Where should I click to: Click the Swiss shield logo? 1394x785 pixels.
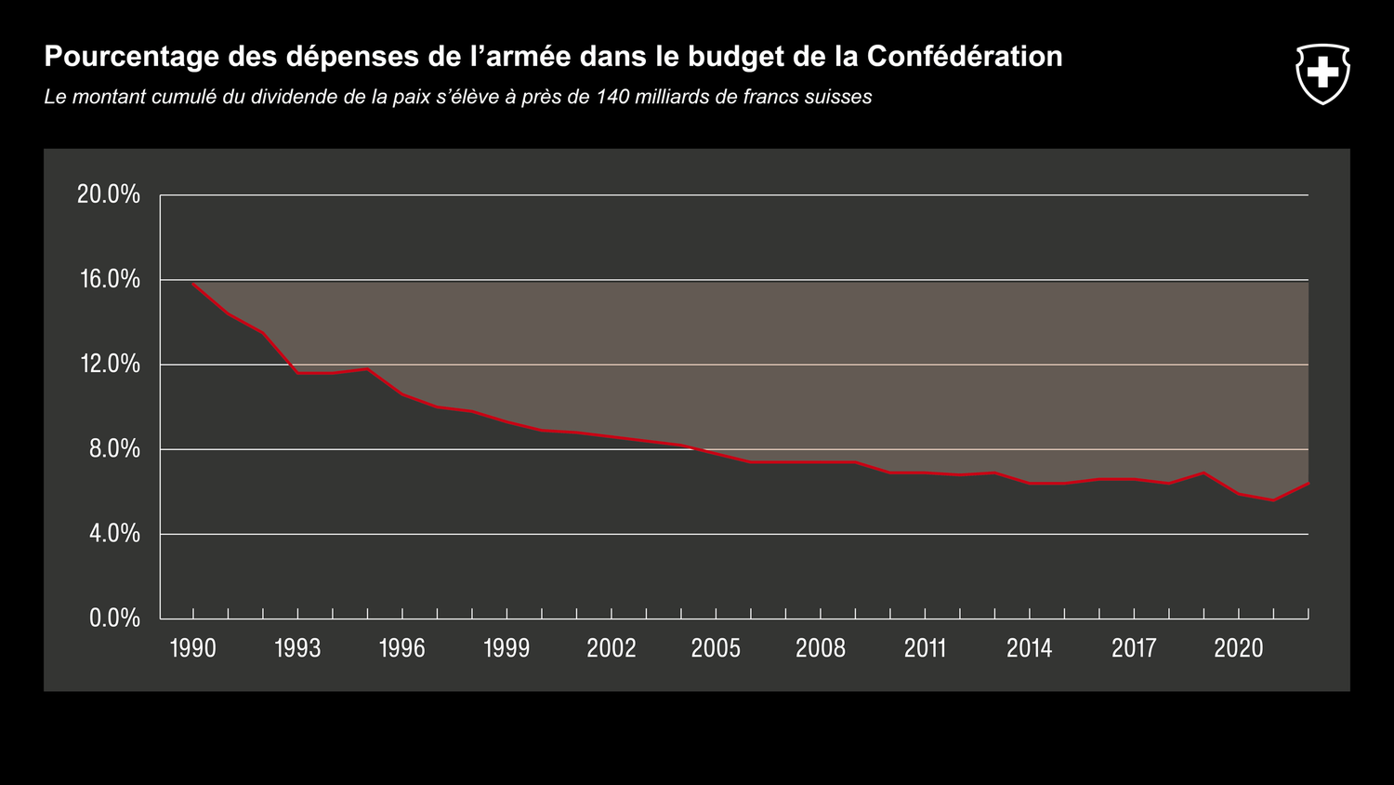[1322, 73]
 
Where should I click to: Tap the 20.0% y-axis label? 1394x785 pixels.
[109, 194]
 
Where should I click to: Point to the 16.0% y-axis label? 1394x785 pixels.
[109, 279]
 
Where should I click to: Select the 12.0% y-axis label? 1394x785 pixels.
[109, 364]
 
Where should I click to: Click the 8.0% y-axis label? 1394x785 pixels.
[113, 448]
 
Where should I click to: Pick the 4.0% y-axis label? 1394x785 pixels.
[113, 533]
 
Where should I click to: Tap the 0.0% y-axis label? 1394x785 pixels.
[113, 618]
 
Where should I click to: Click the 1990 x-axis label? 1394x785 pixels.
[193, 648]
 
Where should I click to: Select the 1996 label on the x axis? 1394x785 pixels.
[402, 648]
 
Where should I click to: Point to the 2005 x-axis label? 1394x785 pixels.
[716, 648]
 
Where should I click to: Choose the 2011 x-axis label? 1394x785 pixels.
[925, 648]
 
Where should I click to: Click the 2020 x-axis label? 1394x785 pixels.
[1239, 648]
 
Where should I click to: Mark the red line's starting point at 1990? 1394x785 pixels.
[193, 284]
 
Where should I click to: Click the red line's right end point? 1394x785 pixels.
[1308, 484]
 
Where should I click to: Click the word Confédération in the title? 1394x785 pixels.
[965, 57]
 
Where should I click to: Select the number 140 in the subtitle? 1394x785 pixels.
[612, 97]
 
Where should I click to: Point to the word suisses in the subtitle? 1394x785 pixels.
[840, 97]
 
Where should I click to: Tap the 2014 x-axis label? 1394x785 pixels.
[1030, 648]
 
